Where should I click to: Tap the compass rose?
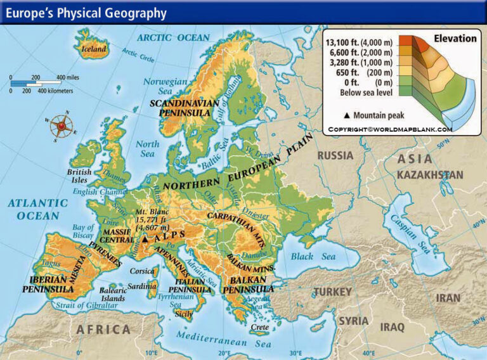[61, 125]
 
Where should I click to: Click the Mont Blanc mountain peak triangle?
[144, 240]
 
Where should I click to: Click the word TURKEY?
[332, 292]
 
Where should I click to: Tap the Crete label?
[260, 328]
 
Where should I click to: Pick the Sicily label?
[183, 314]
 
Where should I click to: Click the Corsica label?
[142, 271]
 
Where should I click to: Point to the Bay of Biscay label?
[83, 231]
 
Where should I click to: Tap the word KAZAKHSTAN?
[430, 174]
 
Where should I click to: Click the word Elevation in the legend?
[455, 39]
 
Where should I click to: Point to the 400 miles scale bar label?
[68, 77]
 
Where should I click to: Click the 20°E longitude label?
[224, 352]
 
